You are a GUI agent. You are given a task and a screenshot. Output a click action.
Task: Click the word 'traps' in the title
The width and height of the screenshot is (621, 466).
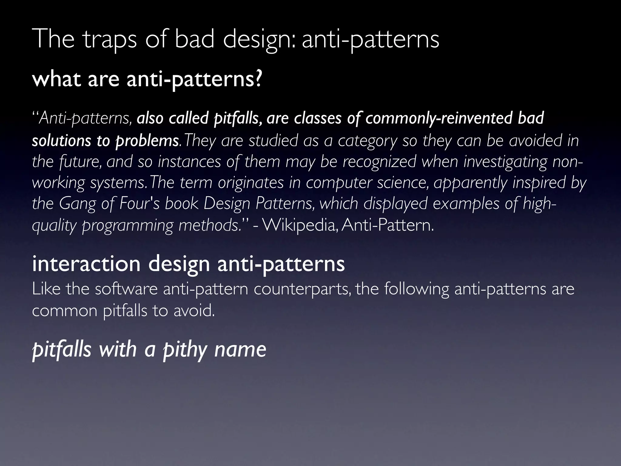110,40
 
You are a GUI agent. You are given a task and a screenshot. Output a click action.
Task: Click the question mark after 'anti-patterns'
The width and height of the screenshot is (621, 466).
257,79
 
